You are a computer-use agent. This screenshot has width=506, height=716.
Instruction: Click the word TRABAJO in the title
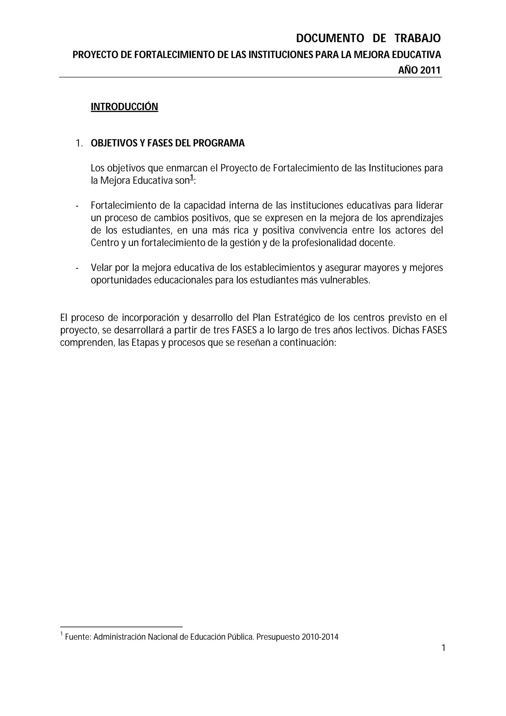pyautogui.click(x=418, y=38)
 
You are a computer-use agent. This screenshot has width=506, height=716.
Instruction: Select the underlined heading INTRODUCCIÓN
pyautogui.click(x=124, y=107)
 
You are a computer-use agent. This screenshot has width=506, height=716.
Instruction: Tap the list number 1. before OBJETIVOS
pyautogui.click(x=79, y=144)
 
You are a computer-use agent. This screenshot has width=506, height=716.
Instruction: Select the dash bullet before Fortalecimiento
pyautogui.click(x=77, y=206)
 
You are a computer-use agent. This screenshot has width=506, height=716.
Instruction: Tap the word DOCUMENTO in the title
pyautogui.click(x=330, y=38)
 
